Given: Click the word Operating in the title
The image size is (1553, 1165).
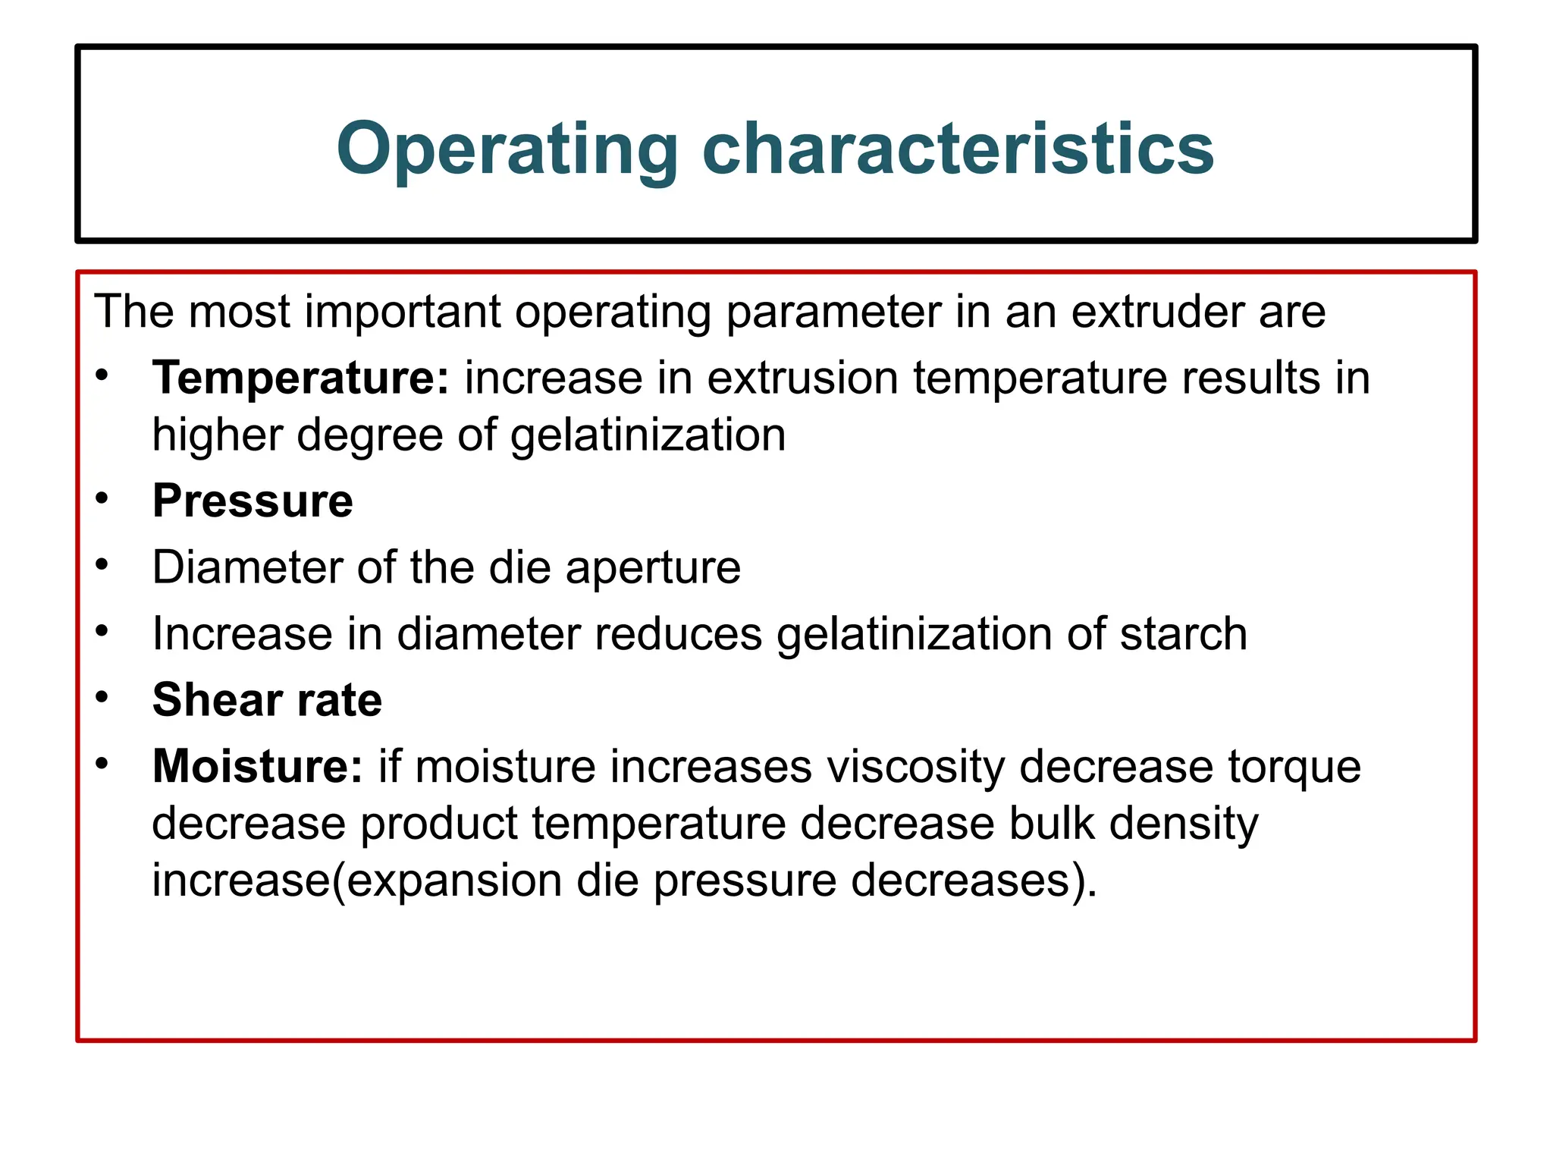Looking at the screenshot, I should point(507,149).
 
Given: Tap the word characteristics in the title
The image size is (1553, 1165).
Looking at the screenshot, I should point(958,149).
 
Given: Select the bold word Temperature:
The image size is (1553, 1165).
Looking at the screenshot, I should point(301,378).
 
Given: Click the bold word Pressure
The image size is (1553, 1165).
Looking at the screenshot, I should point(253,501).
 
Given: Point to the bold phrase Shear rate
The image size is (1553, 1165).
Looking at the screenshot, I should point(267,699).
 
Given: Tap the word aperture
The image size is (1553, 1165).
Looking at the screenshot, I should point(653,568).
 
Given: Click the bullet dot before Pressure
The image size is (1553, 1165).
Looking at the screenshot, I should point(102,499).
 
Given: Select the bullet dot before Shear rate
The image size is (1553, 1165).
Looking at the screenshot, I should point(102,697).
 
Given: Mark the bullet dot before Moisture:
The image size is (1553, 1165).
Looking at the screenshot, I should point(102,764).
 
